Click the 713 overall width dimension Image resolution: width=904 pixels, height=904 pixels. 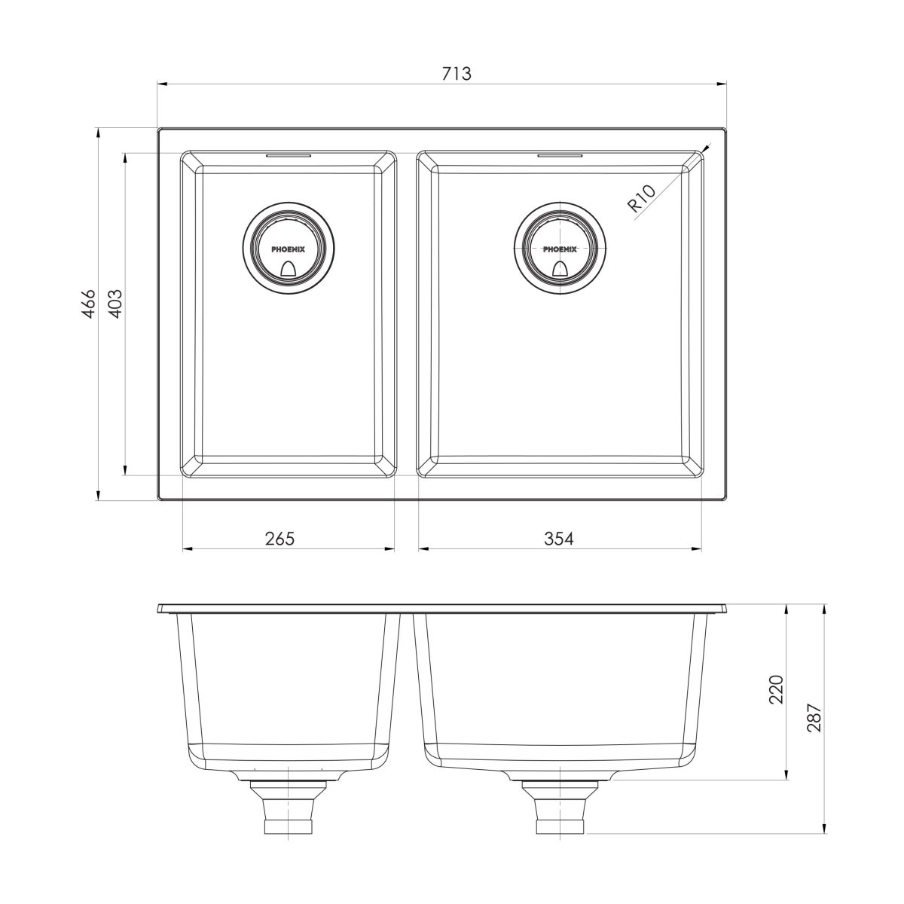tap(457, 74)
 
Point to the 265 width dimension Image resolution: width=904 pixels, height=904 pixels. tap(279, 539)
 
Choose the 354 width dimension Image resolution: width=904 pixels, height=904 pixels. tap(560, 539)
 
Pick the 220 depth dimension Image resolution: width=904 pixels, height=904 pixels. tap(777, 689)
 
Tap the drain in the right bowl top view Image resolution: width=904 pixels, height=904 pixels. tap(560, 248)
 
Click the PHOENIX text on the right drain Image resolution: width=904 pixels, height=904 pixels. tap(560, 248)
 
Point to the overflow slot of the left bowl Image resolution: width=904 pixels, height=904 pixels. tap(288, 156)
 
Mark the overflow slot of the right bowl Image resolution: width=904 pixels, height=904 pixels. tap(560, 156)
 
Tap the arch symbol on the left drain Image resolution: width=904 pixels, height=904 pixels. tap(288, 269)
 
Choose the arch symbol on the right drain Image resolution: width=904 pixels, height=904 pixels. tap(560, 269)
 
